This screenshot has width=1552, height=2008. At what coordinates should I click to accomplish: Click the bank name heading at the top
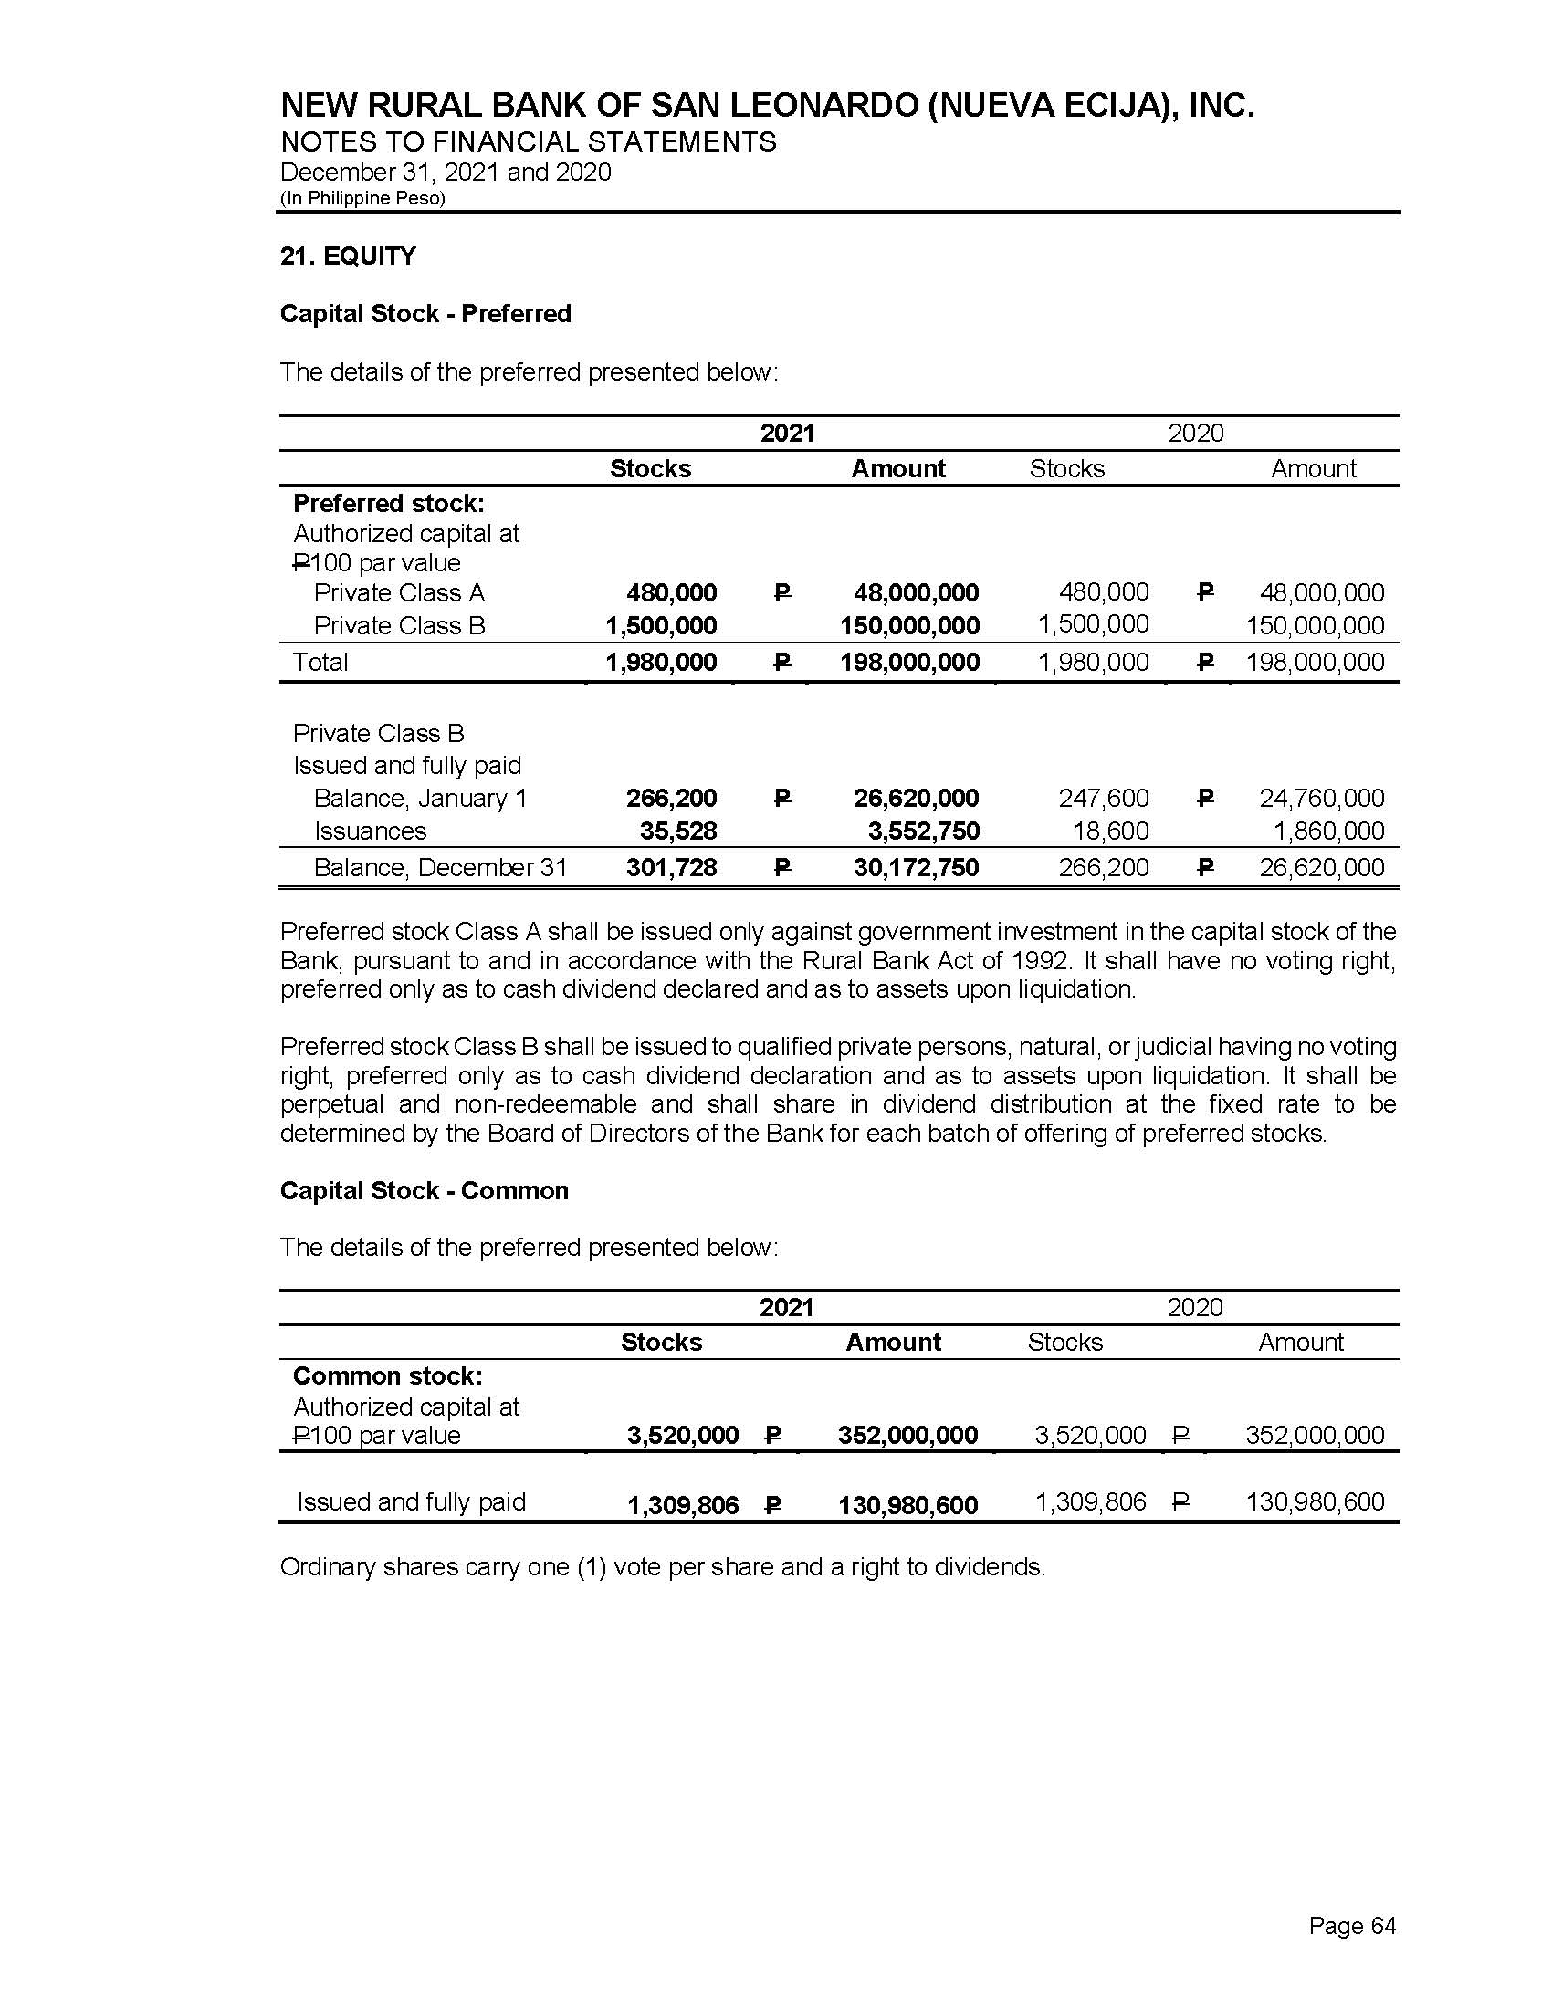[x=767, y=106]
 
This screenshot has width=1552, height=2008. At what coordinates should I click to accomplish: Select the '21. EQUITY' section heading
[x=348, y=256]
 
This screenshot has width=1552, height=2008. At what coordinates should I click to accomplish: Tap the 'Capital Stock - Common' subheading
[x=424, y=1190]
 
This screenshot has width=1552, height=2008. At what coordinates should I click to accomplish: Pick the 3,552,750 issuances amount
[x=923, y=831]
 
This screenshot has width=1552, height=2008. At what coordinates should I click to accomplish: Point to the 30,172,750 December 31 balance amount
[x=916, y=867]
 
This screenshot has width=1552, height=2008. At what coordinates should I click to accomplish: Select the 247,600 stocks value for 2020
[x=1104, y=798]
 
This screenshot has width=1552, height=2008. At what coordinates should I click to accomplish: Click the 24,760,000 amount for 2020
[x=1321, y=798]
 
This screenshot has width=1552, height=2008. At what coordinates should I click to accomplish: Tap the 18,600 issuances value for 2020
[x=1111, y=831]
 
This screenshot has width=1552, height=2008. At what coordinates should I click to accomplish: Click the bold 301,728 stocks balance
[x=671, y=867]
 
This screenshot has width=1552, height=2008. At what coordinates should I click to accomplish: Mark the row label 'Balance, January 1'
[x=420, y=798]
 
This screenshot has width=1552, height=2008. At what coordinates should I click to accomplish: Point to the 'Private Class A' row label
[x=399, y=592]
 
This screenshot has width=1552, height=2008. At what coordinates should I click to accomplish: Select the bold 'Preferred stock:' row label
[x=388, y=504]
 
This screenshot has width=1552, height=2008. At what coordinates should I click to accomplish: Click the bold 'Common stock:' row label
[x=387, y=1375]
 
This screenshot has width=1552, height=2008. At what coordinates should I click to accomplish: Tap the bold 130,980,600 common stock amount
[x=907, y=1505]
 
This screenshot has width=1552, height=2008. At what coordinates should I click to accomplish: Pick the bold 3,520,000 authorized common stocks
[x=682, y=1435]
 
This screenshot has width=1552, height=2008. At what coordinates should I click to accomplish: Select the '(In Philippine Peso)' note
[x=362, y=199]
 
